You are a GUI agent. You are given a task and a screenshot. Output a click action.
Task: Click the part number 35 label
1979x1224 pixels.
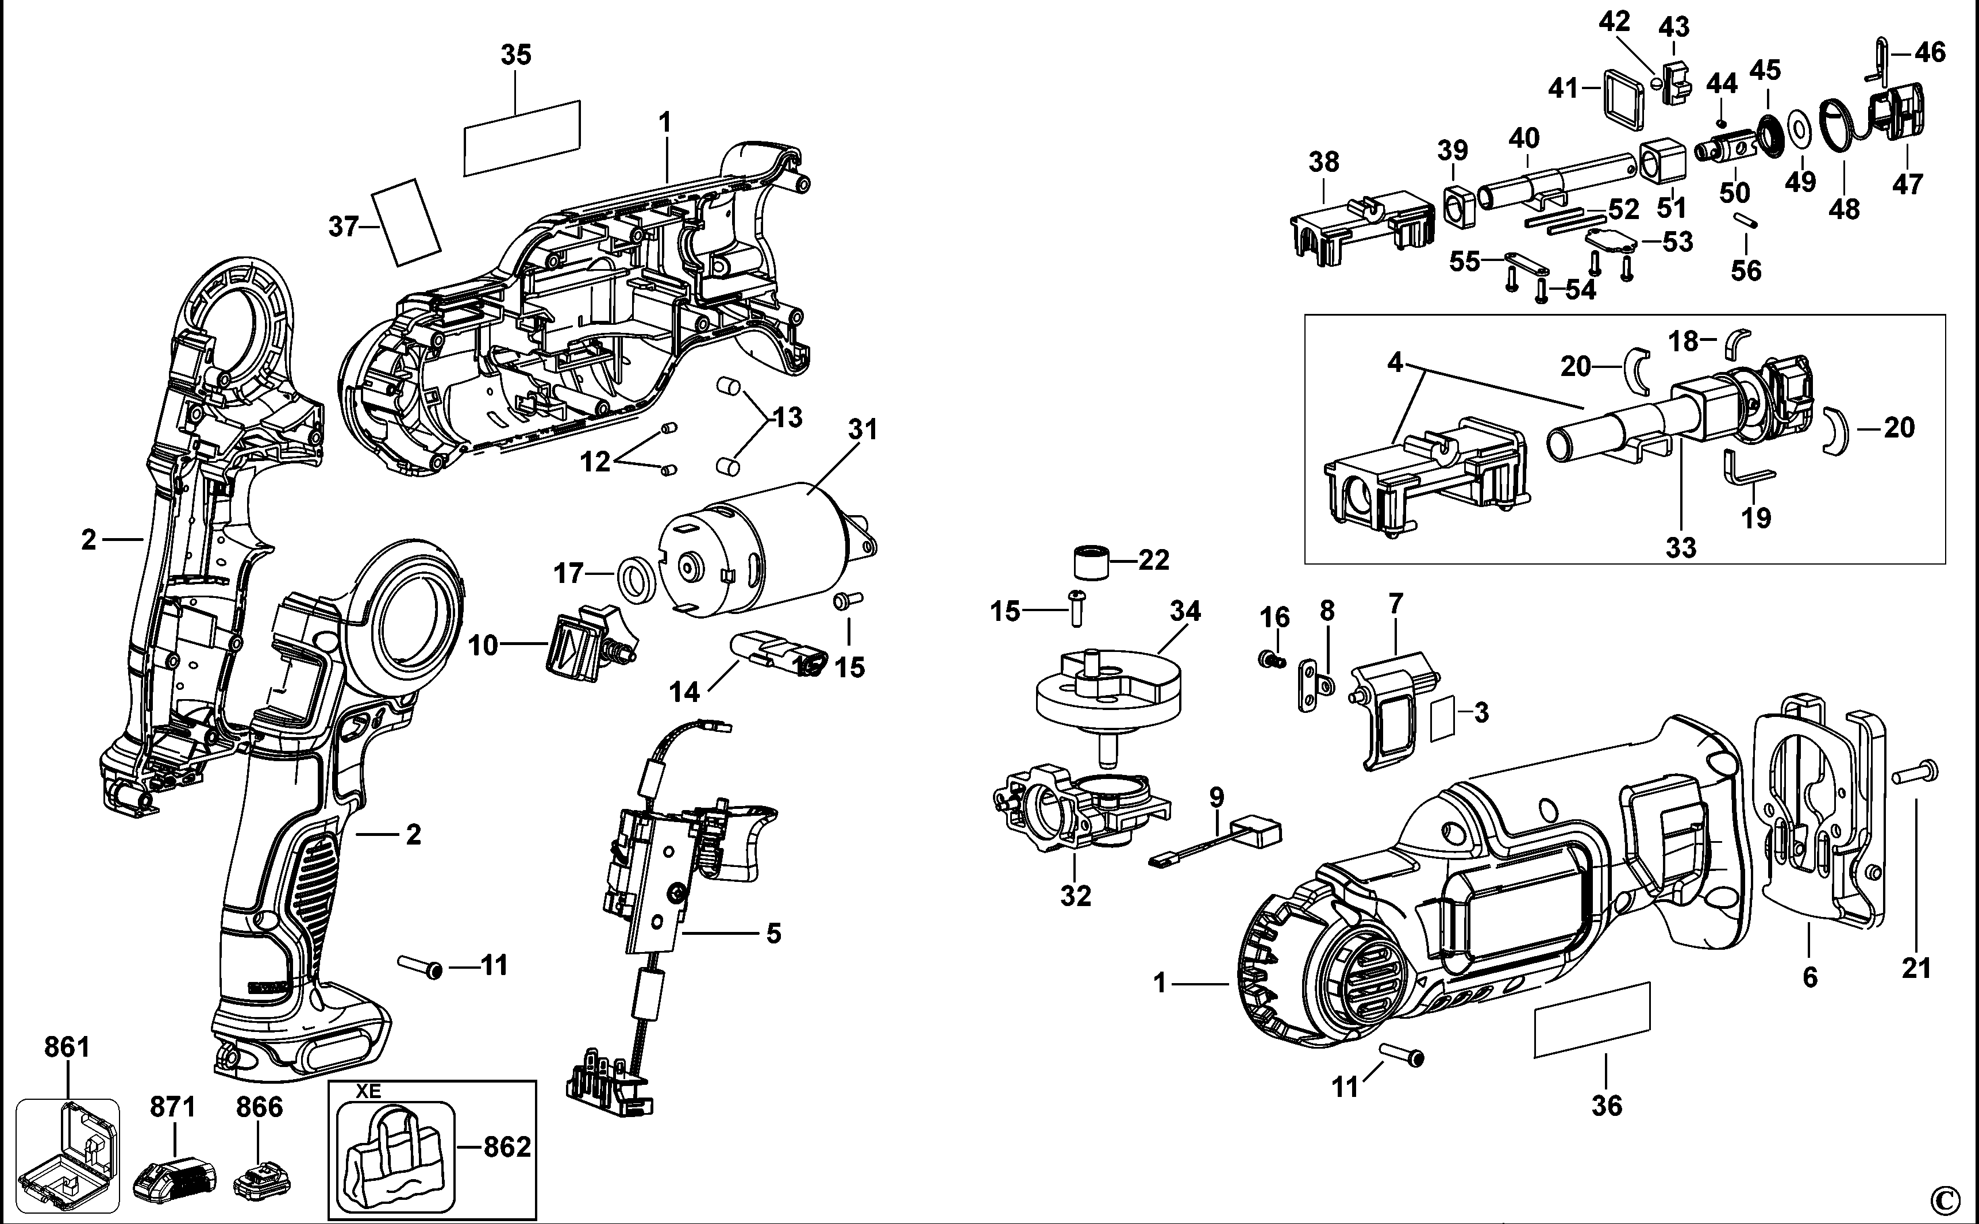516,56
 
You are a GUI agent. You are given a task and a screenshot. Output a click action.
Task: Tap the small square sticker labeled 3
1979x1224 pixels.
1442,719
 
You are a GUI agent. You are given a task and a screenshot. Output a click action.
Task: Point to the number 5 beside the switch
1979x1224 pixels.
773,934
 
